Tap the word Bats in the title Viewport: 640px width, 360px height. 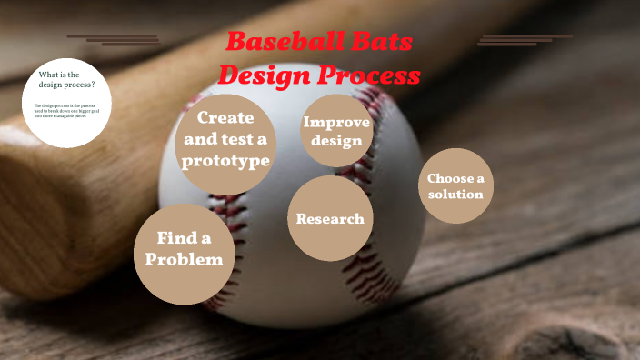coord(380,42)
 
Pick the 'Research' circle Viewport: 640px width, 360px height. coord(330,219)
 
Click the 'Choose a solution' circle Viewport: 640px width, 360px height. coord(455,186)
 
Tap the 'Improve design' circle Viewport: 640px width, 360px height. coord(335,134)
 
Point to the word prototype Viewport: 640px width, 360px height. coord(225,161)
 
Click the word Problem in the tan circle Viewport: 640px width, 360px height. coord(185,260)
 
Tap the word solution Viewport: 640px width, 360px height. coord(455,195)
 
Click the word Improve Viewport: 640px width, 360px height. coord(336,124)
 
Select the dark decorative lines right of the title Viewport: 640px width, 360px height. coord(523,40)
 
